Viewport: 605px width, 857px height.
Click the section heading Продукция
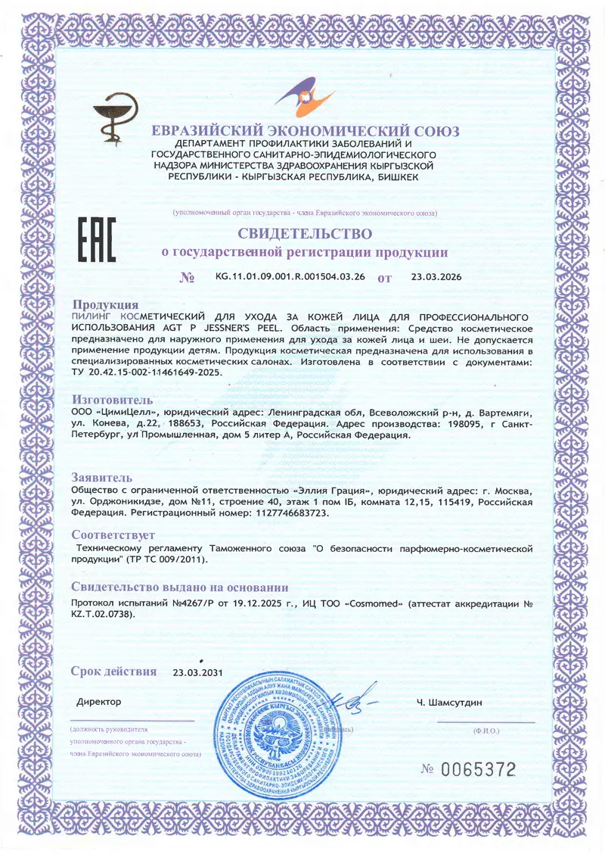(x=104, y=304)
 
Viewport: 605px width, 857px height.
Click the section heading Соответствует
(x=113, y=534)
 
